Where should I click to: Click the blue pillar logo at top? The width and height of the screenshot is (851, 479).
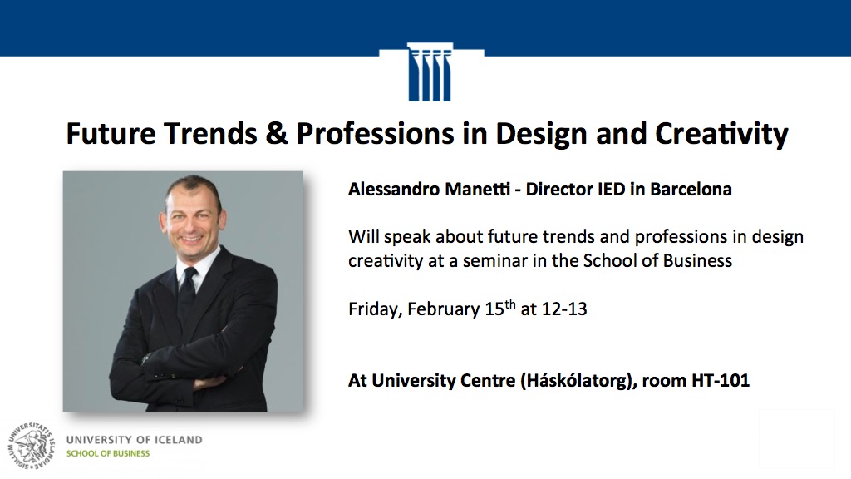pos(430,72)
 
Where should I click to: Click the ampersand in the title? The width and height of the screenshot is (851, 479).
pos(276,134)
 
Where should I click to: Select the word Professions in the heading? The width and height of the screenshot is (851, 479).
pos(375,134)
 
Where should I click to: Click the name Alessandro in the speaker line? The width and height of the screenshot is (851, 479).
pos(394,189)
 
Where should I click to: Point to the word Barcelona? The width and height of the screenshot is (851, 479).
pos(691,189)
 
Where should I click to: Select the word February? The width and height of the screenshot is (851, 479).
pos(444,309)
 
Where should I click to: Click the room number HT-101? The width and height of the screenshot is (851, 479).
pos(721,380)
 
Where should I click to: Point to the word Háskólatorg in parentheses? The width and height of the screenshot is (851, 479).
pos(578,380)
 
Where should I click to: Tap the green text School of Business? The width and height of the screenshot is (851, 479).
pos(108,453)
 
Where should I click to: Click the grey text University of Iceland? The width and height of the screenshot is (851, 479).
pos(135,440)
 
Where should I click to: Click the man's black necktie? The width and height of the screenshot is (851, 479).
pos(186,296)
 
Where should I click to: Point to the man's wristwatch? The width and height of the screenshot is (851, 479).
pos(146,359)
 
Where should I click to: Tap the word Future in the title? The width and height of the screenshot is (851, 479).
pos(111,134)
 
